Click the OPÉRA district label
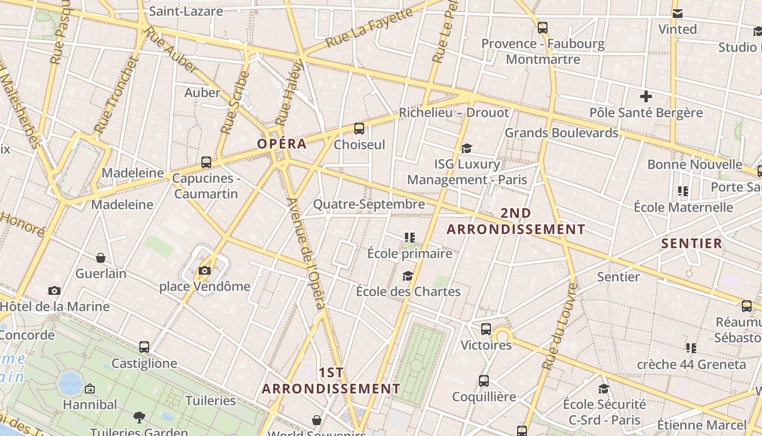[x=282, y=144]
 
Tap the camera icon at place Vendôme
[x=205, y=270]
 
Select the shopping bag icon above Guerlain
[x=101, y=258]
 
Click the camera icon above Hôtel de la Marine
[x=54, y=291]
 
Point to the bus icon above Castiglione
[x=144, y=347]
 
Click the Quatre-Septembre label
[x=368, y=204]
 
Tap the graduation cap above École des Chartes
[x=408, y=276]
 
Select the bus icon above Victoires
[x=486, y=329]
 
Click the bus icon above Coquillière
[x=483, y=381]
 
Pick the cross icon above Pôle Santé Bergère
[x=646, y=97]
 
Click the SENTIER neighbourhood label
[x=692, y=243]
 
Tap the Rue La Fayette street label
[x=370, y=28]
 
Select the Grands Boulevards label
[x=562, y=132]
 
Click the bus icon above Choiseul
[x=359, y=129]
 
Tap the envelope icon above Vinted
[x=678, y=14]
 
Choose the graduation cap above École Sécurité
[x=604, y=389]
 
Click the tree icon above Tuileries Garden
[x=139, y=417]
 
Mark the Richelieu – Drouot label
[x=454, y=113]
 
